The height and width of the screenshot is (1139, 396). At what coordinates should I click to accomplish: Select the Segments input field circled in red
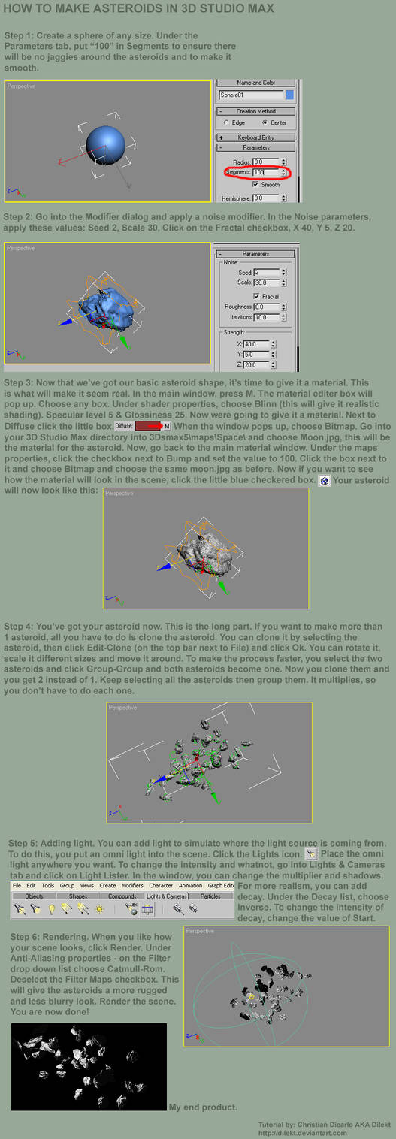[265, 173]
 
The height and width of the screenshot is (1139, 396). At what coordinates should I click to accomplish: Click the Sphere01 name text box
[251, 95]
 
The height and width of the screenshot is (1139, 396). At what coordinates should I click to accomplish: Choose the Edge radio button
[227, 122]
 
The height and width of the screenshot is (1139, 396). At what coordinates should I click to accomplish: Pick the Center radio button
[265, 122]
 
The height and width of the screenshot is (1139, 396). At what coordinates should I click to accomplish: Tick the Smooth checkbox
[256, 184]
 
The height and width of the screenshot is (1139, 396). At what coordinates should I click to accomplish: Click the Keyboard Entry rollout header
[255, 137]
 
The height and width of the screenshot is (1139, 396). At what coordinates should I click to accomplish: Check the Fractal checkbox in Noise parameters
[256, 297]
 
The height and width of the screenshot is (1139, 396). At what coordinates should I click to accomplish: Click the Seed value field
[266, 272]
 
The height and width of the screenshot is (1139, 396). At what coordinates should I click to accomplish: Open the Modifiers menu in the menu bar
[132, 885]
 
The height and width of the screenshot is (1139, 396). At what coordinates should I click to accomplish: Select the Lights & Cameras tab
[167, 896]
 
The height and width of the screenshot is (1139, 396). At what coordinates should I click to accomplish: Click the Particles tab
[210, 896]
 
